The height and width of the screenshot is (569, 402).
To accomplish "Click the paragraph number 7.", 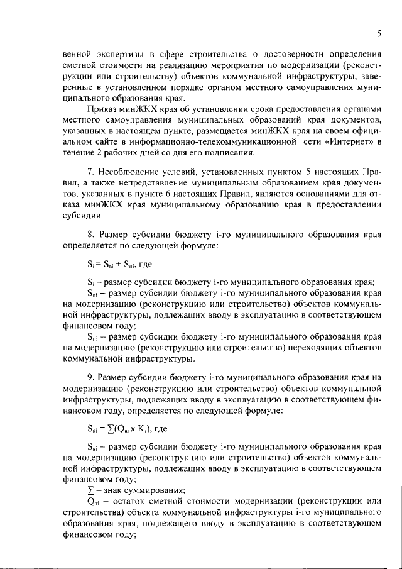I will pos(90,173).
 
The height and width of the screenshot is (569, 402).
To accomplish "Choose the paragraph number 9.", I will pos(90,377).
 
